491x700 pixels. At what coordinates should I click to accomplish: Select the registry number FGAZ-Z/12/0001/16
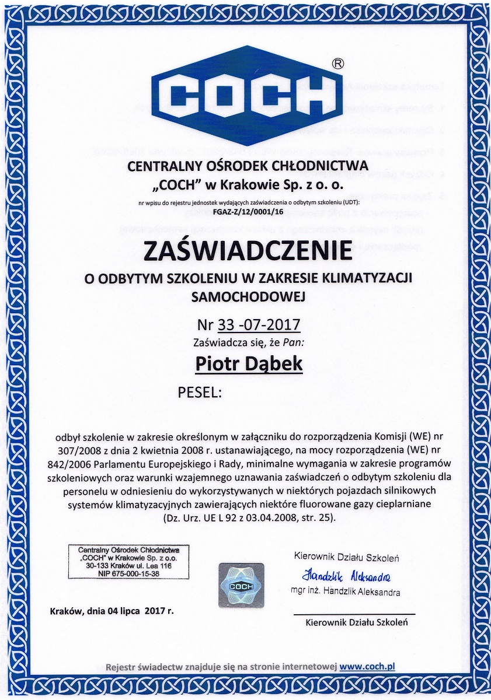pos(249,212)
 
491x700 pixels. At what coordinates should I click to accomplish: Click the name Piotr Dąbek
pos(249,363)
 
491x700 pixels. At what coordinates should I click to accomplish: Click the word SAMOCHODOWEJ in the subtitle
pos(249,296)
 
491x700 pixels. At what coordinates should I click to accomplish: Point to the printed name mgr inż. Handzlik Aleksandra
pos(346,593)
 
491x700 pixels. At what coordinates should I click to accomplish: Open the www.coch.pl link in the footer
pos(368,666)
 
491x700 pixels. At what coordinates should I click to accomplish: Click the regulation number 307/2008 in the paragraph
pos(75,450)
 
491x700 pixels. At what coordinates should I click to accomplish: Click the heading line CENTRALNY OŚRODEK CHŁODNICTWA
pos(248,167)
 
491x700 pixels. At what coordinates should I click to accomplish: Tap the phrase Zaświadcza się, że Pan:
pos(248,344)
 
